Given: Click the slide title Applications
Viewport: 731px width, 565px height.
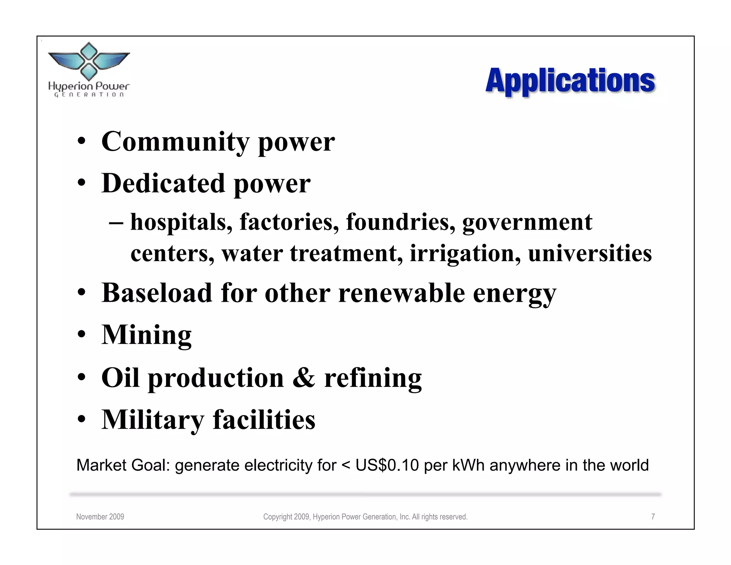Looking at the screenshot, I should point(570,81).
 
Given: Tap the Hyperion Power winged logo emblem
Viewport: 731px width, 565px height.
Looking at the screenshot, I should point(89,61).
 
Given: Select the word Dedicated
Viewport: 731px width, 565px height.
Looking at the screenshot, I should point(163,184).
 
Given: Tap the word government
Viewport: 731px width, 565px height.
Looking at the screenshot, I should point(527,222).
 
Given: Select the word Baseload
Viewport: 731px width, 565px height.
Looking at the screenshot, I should point(157,293).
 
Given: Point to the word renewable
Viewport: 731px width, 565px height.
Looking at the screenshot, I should point(401,293).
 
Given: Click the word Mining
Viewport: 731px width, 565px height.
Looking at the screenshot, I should point(146,335).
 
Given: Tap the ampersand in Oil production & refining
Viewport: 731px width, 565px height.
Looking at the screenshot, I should point(304,378).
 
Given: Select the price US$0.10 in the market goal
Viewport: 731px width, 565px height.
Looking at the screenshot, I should point(387,465).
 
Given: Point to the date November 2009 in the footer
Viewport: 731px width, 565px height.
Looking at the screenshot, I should point(100,517).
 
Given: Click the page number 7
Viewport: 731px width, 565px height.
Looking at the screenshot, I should point(653,517).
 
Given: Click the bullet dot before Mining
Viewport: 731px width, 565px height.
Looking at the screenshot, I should point(82,335).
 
